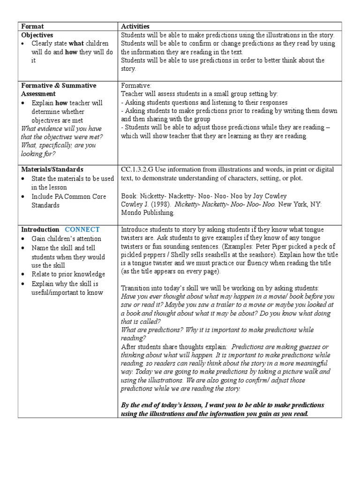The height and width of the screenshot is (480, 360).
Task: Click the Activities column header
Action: (135, 27)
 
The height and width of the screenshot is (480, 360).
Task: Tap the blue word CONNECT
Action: (82, 229)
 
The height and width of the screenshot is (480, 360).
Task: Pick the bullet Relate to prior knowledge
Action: (68, 274)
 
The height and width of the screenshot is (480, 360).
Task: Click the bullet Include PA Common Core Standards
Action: (69, 201)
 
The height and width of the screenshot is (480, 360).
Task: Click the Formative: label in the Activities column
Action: (136, 86)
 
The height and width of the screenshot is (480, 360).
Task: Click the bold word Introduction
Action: (40, 229)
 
